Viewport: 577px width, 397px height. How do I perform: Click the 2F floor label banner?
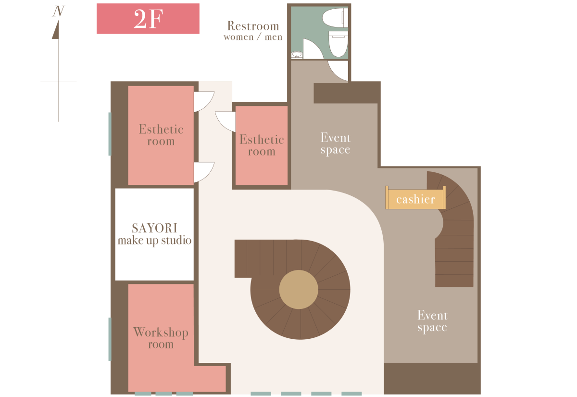148,19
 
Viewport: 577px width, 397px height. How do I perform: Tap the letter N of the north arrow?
58,12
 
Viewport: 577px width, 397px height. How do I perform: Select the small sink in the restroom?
297,55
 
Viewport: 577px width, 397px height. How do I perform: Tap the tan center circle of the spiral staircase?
299,290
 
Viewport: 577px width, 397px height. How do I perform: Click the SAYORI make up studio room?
154,234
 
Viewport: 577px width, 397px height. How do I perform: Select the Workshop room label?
161,338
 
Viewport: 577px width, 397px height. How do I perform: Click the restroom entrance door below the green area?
338,71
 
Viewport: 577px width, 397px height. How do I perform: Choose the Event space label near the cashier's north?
336,143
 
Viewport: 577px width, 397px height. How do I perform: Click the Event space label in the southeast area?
432,321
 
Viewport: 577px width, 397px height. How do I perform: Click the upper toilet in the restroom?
335,17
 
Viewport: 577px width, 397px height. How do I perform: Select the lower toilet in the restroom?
338,44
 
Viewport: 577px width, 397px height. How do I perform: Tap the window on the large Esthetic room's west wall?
110,134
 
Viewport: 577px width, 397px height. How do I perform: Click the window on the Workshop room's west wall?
110,339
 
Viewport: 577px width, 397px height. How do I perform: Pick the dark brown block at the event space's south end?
432,378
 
